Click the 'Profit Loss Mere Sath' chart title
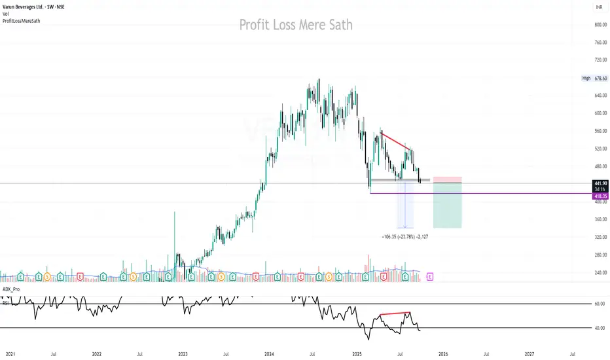click(296, 26)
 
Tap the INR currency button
click(598, 7)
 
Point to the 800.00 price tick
click(601, 25)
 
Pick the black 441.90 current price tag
click(600, 184)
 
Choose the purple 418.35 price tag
click(600, 195)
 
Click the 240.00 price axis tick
click(601, 273)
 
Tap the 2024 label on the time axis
click(269, 353)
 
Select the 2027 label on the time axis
click(529, 353)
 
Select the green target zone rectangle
click(448, 205)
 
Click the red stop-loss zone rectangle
click(448, 179)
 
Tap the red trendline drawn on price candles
click(395, 142)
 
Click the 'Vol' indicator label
click(6, 14)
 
